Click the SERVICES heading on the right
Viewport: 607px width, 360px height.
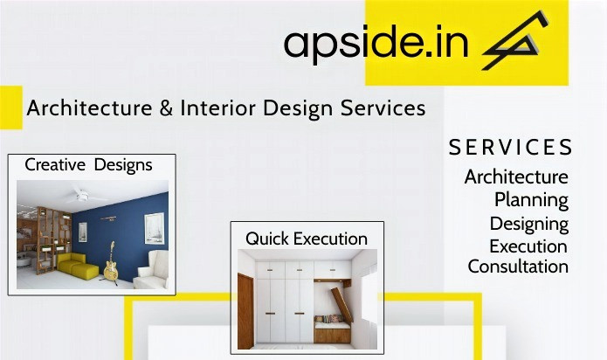pos(511,148)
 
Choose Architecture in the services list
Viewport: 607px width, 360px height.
pos(516,177)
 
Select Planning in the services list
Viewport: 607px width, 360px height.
pos(531,199)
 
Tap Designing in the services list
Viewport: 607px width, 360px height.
pos(528,223)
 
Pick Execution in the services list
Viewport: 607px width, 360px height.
pos(528,246)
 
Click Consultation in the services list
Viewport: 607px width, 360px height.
pos(518,267)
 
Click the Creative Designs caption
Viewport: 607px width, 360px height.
pos(88,164)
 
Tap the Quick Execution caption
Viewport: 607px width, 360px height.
pos(307,238)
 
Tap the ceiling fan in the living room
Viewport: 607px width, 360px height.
pos(81,196)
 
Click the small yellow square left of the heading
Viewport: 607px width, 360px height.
pos(10,107)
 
